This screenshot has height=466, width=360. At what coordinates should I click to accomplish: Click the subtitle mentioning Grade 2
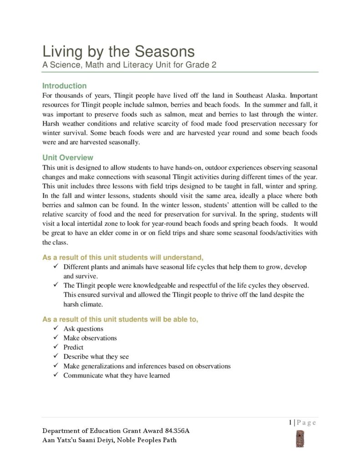129,65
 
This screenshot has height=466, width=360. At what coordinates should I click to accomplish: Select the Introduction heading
64,86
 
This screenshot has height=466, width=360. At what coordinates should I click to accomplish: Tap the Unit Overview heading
68,158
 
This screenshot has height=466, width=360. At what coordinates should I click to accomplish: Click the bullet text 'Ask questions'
83,329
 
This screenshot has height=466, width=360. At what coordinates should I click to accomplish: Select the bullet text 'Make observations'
90,338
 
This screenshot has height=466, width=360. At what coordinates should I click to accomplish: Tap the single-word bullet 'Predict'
73,347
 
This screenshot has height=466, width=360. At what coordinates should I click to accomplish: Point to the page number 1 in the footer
289,422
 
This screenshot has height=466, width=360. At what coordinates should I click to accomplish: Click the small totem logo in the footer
300,438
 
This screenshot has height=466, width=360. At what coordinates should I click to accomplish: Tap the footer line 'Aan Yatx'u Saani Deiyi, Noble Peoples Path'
109,440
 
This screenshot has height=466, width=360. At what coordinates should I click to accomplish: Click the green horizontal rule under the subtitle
180,72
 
